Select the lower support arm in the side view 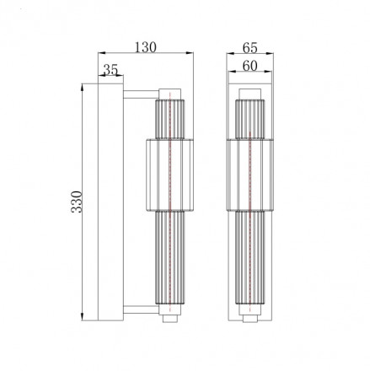140,311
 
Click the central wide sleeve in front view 253,172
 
